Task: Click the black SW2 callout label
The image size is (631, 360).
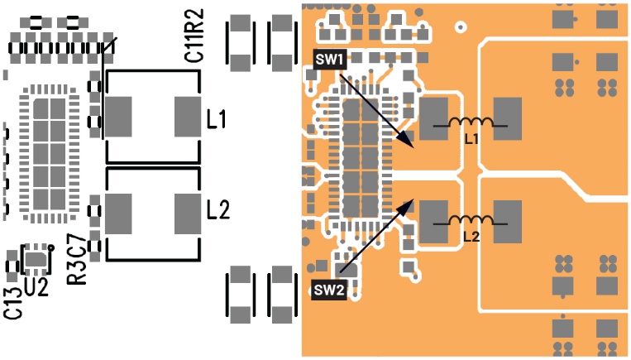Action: point(329,290)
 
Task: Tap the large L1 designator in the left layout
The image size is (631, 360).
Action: point(218,119)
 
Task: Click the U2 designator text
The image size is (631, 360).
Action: point(37,286)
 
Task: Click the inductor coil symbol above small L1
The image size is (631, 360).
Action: point(471,124)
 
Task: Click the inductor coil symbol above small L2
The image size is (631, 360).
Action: point(471,221)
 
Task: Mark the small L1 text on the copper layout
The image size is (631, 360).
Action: point(471,139)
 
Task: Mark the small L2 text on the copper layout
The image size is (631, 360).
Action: point(471,236)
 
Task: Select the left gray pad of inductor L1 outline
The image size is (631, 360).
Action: point(118,116)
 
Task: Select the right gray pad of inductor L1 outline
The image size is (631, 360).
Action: point(188,116)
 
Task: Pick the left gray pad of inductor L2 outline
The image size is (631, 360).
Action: point(118,214)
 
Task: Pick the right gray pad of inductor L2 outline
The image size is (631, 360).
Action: point(188,214)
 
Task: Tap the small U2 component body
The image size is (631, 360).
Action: point(36,261)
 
